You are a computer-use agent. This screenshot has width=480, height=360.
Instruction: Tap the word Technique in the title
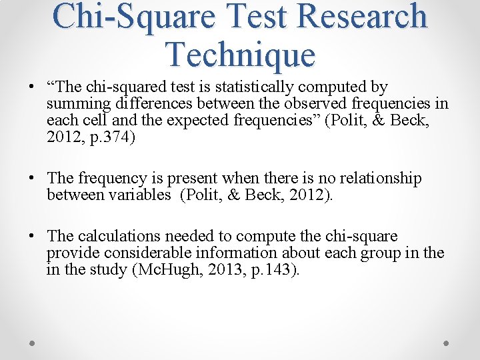click(x=241, y=55)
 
